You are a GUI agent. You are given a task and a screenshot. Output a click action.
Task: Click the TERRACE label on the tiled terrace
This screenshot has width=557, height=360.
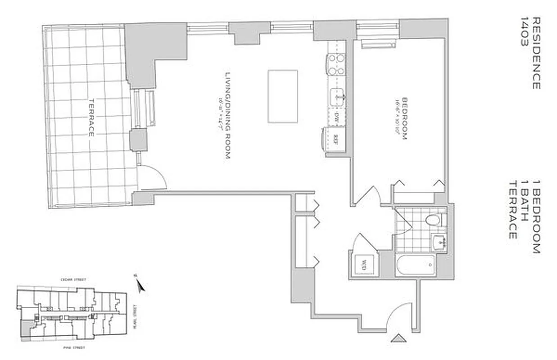click(x=91, y=118)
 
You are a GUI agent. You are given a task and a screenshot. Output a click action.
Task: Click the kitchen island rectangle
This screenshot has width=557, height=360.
click(x=282, y=96)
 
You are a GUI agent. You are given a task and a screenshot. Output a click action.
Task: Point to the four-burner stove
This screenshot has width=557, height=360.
click(x=336, y=64)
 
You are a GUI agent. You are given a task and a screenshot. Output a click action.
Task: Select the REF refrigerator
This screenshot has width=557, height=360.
click(x=335, y=139)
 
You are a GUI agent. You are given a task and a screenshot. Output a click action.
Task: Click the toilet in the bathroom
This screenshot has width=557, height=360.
click(x=433, y=220)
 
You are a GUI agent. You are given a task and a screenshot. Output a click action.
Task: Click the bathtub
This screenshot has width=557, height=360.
click(x=416, y=265)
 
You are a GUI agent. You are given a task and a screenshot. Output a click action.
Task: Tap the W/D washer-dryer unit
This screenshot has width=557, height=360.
click(x=362, y=264)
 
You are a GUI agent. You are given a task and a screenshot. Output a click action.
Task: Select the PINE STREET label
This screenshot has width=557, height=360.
click(x=72, y=348)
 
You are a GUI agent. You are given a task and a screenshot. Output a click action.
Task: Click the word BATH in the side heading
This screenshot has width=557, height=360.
click(x=524, y=209)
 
